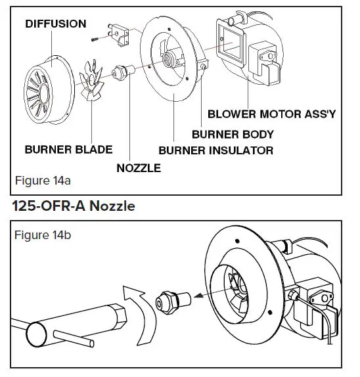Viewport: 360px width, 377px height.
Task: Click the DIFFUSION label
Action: click(x=55, y=24)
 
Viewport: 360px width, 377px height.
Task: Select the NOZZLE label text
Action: click(x=138, y=168)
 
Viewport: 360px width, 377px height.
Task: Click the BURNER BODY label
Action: click(x=233, y=134)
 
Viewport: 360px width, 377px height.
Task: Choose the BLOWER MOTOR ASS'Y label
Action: click(x=271, y=114)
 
